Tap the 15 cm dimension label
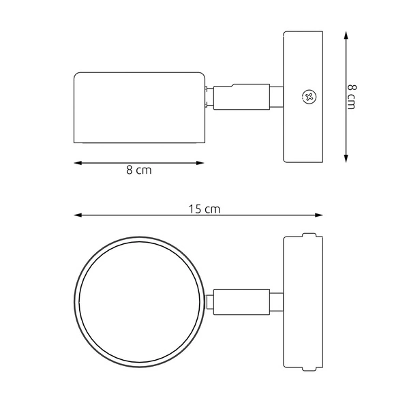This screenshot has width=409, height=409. click(204, 209)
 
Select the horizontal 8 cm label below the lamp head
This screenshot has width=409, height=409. click(139, 170)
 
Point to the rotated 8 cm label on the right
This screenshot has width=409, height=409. click(351, 96)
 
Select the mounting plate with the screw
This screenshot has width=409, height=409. click(303, 96)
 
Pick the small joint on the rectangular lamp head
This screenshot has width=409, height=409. click(208, 96)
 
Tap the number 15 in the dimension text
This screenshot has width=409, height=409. click(195, 209)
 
